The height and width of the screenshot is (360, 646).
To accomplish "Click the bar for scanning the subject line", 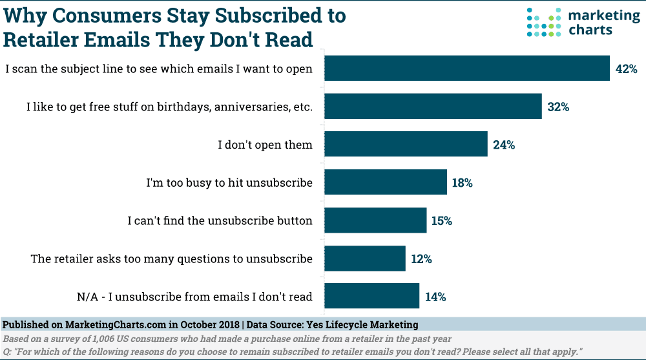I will [466, 69].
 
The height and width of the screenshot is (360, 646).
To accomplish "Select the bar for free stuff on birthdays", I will [432, 107].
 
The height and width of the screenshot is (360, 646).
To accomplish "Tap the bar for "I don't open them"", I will [405, 145].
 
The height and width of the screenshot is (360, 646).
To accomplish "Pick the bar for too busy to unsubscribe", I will [385, 183].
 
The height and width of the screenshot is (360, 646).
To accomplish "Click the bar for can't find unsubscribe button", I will [375, 221].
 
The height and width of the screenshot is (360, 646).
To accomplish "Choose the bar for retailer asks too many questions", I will [364, 259].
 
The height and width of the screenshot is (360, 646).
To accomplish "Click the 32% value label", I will [558, 107].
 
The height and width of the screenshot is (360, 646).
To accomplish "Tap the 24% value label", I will [504, 145].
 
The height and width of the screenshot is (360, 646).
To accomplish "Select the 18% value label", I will [463, 184].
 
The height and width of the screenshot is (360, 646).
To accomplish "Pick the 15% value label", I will [442, 222].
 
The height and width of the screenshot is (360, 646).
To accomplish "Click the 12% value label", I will [421, 260].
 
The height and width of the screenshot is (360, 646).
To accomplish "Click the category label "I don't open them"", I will [265, 145].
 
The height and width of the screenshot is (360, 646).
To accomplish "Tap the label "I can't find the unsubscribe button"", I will [220, 221].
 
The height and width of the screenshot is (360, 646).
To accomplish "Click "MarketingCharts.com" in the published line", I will [113, 324].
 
